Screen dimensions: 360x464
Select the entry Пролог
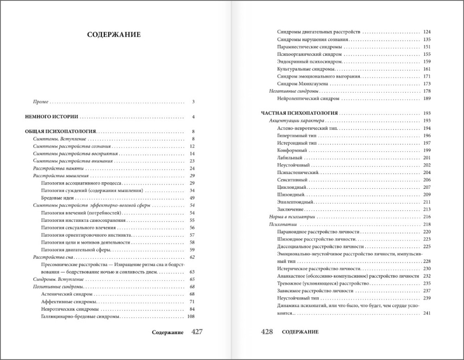[x=42, y=102]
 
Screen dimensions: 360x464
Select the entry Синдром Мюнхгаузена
[x=303, y=84]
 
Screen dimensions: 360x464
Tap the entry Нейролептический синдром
[x=308, y=98]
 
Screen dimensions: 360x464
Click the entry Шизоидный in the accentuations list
[x=291, y=194]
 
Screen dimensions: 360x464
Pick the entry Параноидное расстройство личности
[x=318, y=231]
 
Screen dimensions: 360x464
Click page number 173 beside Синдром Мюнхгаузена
[x=427, y=84]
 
